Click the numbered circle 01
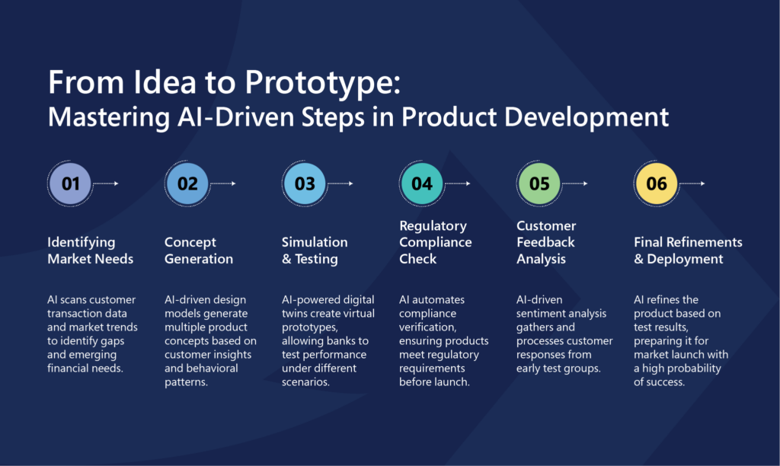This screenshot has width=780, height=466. pyautogui.click(x=70, y=184)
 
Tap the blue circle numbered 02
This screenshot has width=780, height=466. pyautogui.click(x=187, y=184)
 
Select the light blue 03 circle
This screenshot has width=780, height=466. pyautogui.click(x=305, y=184)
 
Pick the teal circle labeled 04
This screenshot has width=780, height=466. pyautogui.click(x=422, y=184)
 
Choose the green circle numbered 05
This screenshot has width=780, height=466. pyautogui.click(x=539, y=184)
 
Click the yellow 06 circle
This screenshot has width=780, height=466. pyautogui.click(x=657, y=184)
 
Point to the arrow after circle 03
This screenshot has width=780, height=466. pyautogui.click(x=340, y=184)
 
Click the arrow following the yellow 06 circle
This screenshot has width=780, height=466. pyautogui.click(x=692, y=184)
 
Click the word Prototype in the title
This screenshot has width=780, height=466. pyautogui.click(x=322, y=83)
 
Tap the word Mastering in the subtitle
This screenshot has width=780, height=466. pyautogui.click(x=109, y=118)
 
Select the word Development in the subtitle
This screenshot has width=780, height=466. pyautogui.click(x=587, y=118)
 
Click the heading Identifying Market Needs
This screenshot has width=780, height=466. pyautogui.click(x=90, y=251)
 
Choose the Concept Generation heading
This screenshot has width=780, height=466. pyautogui.click(x=199, y=251)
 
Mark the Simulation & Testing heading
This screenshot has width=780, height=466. pyautogui.click(x=315, y=251)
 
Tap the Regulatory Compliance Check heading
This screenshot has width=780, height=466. pyautogui.click(x=435, y=242)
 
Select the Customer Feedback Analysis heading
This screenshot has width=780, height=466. pyautogui.click(x=546, y=242)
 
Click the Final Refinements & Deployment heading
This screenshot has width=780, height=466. pyautogui.click(x=688, y=251)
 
